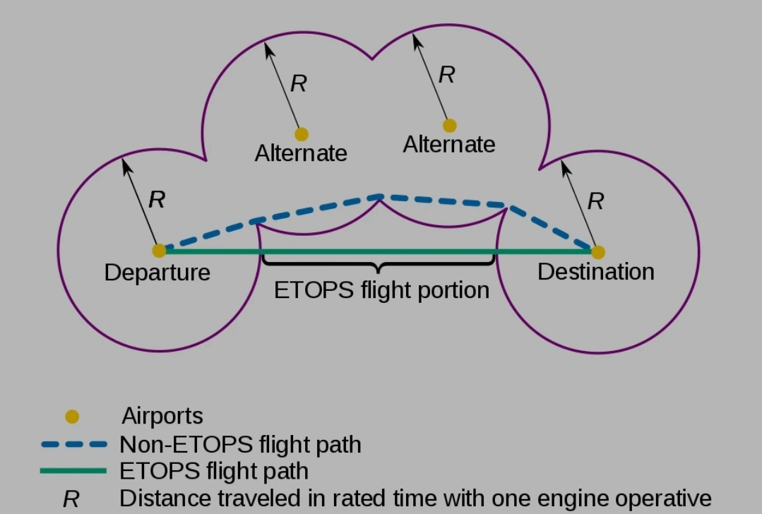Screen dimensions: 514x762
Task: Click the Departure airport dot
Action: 159,250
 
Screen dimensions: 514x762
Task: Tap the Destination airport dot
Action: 597,251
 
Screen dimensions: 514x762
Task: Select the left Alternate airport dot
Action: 302,133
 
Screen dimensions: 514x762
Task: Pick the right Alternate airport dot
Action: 449,126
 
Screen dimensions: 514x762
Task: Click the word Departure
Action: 157,273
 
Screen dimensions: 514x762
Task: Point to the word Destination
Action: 595,271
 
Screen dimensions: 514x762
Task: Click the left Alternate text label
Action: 301,153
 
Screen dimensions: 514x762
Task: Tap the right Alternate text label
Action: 448,145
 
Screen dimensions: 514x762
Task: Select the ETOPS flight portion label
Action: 381,289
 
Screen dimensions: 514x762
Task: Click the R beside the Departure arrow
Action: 157,200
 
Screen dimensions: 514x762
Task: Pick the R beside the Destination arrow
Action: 595,201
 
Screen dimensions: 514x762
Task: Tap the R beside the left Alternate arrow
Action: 299,84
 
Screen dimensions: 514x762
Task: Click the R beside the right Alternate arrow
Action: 446,75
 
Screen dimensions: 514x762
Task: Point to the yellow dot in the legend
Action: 71,417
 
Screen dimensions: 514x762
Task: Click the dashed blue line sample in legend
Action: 73,445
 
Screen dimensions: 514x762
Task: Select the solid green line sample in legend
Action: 73,470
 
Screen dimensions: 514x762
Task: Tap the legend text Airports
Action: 162,416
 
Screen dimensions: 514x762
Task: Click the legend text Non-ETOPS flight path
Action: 240,445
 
